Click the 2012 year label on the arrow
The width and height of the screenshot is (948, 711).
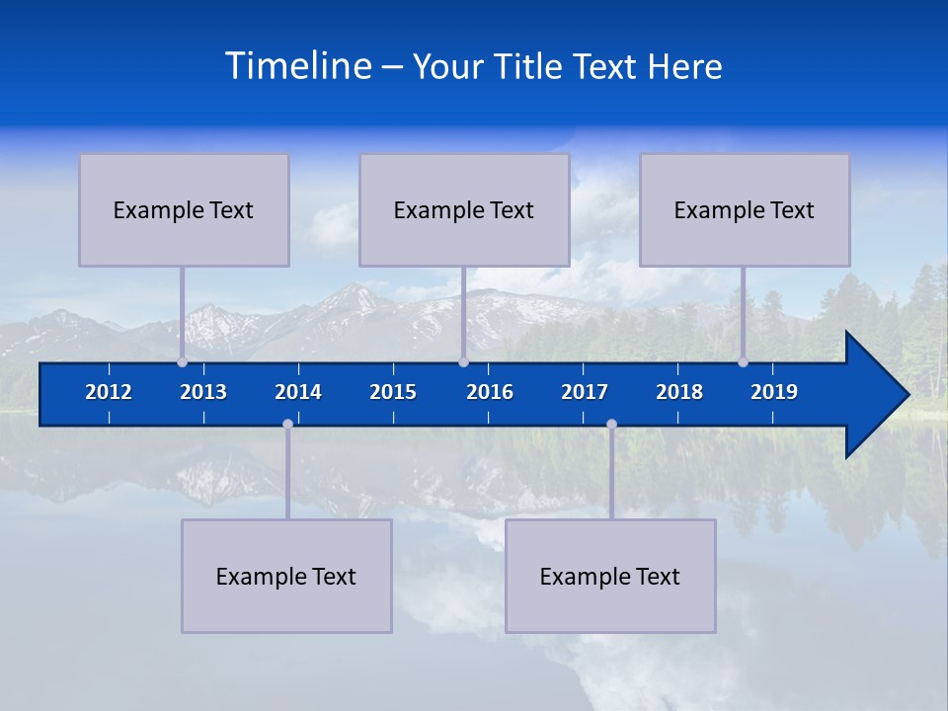pos(109,392)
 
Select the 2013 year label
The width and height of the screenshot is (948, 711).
pos(203,392)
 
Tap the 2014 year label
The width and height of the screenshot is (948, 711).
pos(298,392)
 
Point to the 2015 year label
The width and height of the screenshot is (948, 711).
pos(393,392)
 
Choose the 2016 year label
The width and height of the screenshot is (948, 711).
pos(490,392)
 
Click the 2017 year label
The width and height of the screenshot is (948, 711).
pos(585,392)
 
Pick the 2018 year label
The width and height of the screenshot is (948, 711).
pos(679,392)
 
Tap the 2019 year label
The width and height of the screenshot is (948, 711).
pos(774,392)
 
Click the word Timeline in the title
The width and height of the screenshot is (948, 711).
pos(297,66)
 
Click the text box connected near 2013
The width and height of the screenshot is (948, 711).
pos(184,209)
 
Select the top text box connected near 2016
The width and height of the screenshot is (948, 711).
pos(464,209)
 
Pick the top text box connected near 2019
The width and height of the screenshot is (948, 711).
pos(745,209)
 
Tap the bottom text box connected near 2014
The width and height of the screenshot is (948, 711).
pos(286,576)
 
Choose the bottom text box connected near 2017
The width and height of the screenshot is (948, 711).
pos(610,576)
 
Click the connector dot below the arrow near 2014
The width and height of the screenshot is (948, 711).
pos(287,424)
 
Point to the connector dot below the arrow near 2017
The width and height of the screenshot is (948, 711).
pos(611,424)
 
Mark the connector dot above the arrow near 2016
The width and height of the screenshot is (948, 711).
pos(463,362)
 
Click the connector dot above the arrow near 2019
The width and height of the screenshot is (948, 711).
pos(744,362)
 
